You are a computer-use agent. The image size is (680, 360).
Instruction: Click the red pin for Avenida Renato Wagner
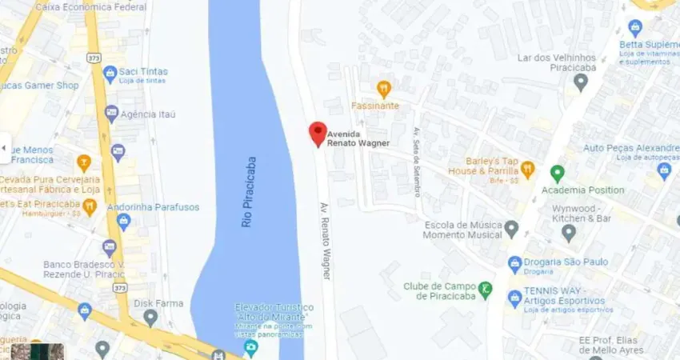pos(318,134)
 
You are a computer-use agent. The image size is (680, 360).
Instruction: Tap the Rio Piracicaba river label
pos(249,192)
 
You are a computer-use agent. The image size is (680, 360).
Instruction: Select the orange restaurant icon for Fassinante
pos(384,89)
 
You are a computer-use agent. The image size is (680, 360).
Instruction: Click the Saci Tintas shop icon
pos(110,74)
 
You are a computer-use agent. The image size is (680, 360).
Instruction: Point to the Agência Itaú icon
pos(111,114)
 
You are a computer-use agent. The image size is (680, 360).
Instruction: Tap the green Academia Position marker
pos(558,173)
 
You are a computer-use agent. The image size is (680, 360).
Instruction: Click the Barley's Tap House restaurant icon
pos(527,170)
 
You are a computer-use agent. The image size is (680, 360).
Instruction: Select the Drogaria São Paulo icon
pos(515,262)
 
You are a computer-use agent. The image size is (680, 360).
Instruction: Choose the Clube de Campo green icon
pos(485,288)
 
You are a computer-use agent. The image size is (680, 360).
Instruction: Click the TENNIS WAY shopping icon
pos(515,298)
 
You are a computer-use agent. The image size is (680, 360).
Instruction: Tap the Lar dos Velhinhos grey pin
pos(581,81)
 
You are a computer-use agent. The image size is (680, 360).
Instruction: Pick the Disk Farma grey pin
pos(150,318)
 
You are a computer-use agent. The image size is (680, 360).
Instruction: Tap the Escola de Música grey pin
pos(512,229)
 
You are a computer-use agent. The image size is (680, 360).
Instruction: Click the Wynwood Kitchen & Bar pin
pos(569,233)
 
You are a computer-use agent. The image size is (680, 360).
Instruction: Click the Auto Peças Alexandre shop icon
pos(663,170)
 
